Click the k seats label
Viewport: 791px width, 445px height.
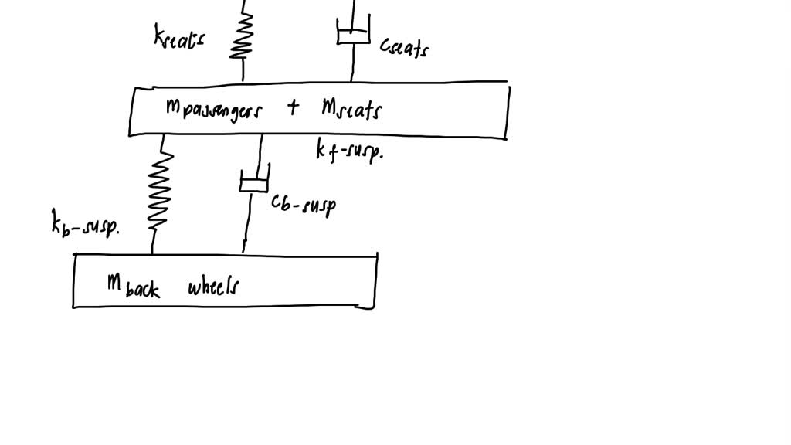178,36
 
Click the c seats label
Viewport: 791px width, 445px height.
404,48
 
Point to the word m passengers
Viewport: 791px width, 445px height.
213,110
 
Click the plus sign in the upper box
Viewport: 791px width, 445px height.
293,107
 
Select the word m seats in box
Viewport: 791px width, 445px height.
351,110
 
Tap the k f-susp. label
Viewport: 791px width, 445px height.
349,151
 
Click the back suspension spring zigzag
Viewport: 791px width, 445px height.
160,189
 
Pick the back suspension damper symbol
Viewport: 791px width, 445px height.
253,182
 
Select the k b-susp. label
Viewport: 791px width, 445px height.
85,226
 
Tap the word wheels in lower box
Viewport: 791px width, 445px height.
213,287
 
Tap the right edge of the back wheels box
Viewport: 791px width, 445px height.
375,280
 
